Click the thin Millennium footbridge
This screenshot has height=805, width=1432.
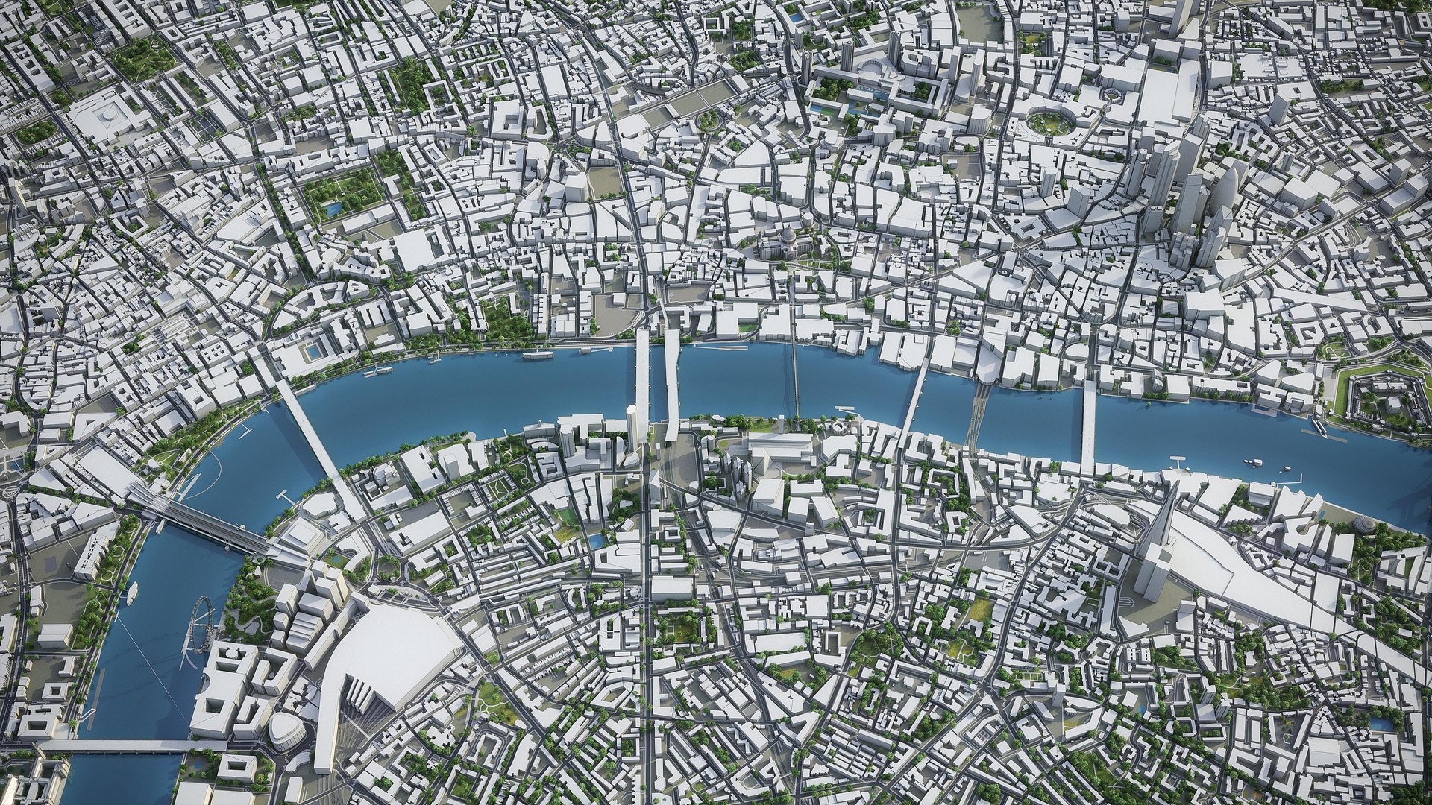pyautogui.click(x=794, y=380)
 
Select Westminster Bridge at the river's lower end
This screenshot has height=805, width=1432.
pyautogui.click(x=127, y=745)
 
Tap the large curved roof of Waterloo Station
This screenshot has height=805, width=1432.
pyautogui.click(x=388, y=656)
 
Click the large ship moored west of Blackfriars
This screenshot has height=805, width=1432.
pyautogui.click(x=537, y=355)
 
